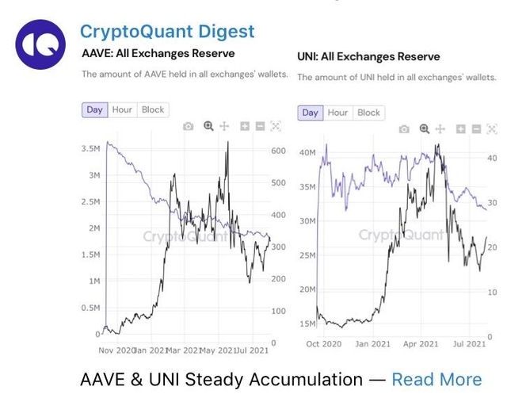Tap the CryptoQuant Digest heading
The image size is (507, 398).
167,32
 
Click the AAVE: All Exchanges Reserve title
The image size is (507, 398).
158,54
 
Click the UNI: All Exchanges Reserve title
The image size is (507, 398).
368,57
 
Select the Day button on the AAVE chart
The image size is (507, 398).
95,109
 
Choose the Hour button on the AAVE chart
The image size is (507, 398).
122,109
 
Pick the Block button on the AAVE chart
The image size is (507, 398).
153,109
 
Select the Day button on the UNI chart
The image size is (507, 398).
311,113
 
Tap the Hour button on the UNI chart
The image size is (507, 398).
337,113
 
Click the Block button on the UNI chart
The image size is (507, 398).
368,113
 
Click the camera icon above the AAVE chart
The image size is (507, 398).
188,126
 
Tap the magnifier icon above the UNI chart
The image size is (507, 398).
424,128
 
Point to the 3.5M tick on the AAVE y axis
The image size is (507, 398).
90,148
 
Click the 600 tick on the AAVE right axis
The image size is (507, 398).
277,151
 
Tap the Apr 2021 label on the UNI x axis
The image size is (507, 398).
421,344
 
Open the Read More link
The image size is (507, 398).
436,379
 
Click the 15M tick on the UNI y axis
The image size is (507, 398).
306,323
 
